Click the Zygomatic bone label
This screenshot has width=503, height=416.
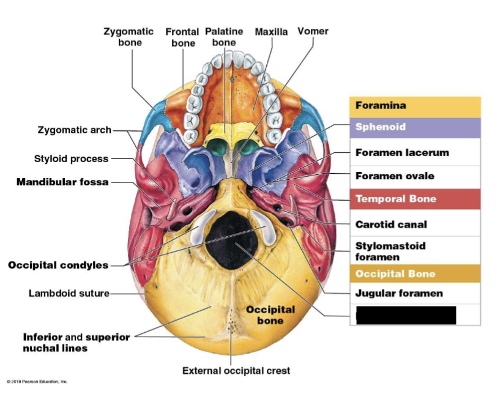tap(129, 37)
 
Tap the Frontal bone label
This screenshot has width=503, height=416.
tap(182, 37)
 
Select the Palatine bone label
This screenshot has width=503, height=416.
tap(224, 37)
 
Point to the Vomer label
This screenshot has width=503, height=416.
tap(313, 31)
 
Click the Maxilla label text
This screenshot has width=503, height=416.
tap(271, 32)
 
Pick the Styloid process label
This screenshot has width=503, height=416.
tap(71, 159)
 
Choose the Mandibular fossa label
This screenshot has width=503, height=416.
tap(62, 182)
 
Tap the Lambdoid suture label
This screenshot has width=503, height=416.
tap(69, 293)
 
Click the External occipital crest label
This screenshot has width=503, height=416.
tap(236, 371)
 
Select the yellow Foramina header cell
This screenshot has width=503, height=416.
tap(415, 106)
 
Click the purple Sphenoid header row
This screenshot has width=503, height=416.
tap(415, 127)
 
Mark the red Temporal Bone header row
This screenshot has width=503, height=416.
tap(415, 199)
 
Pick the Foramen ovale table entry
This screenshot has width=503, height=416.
tap(395, 176)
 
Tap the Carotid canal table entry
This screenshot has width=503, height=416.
tap(391, 225)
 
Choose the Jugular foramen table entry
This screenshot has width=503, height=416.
tap(399, 293)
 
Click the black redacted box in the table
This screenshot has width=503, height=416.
tap(406, 316)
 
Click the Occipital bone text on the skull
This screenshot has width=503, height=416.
tap(270, 315)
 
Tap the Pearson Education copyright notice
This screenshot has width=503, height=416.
tap(37, 382)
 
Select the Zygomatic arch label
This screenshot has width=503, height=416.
tap(75, 130)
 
